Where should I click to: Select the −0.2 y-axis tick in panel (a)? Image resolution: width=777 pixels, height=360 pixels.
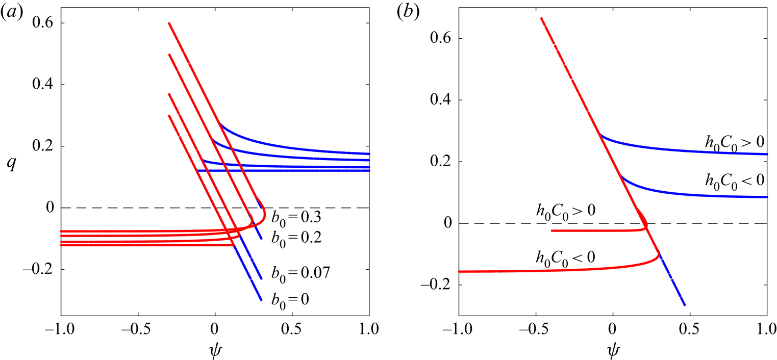click(41, 270)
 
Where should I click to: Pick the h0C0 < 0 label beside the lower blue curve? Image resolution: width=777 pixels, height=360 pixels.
click(734, 179)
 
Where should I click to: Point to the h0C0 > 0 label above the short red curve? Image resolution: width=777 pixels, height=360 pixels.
click(565, 210)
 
